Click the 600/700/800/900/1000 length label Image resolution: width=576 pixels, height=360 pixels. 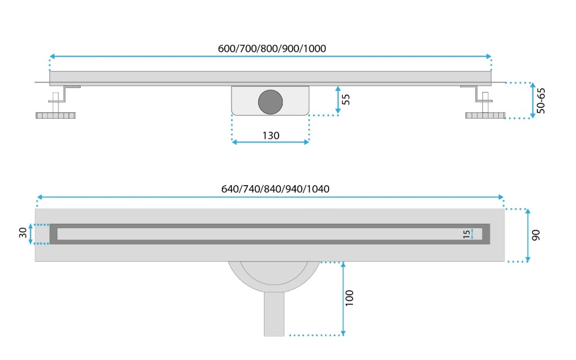point(272,48)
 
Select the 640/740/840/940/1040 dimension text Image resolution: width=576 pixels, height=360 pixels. point(275,189)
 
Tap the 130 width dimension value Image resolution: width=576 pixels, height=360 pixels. point(271,136)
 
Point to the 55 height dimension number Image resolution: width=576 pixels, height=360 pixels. point(346,99)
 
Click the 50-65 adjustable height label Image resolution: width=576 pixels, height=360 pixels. point(541,101)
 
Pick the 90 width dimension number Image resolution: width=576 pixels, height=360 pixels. point(536,235)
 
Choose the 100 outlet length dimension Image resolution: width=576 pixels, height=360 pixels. point(350,298)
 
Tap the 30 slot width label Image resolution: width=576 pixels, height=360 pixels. point(23,233)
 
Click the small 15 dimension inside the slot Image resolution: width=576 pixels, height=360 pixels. point(466,235)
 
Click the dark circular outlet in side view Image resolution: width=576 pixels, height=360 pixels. point(270,102)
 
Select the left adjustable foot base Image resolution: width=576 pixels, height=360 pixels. point(56,115)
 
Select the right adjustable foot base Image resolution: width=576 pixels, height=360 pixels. point(485,115)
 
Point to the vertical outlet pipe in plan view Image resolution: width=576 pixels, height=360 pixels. point(274,314)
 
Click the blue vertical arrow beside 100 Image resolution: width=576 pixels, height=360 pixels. point(343,299)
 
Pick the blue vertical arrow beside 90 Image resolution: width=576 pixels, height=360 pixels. point(528,235)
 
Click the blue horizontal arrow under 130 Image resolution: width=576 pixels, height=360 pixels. point(270,143)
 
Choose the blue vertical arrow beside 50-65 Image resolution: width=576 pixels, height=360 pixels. point(533,101)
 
